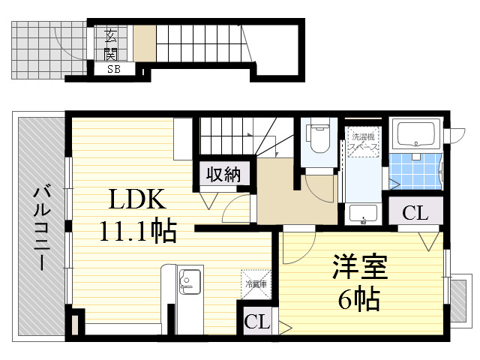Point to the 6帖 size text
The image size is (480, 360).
tap(357, 300)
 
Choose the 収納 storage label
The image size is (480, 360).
tap(223, 174)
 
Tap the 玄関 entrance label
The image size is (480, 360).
tap(111, 43)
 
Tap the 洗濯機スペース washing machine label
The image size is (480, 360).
tap(364, 142)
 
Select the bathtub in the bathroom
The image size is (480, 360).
tap(418, 135)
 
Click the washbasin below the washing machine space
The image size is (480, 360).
tap(364, 213)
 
